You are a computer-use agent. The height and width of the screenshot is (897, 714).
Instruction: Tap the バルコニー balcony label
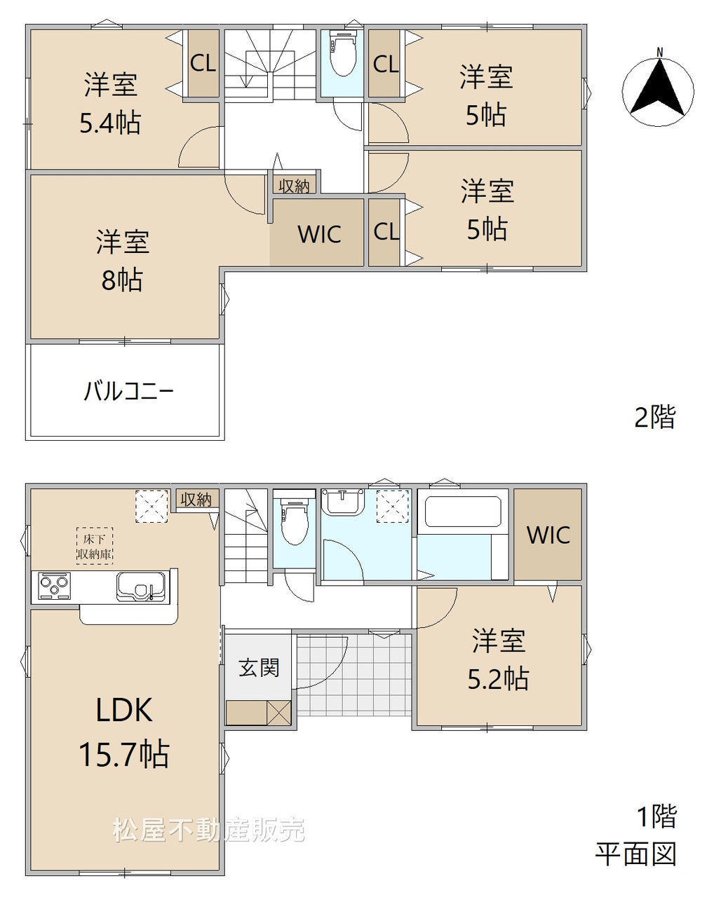[128, 390]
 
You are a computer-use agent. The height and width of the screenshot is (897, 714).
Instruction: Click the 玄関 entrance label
[259, 667]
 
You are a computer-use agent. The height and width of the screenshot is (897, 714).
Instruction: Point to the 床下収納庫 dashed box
[94, 546]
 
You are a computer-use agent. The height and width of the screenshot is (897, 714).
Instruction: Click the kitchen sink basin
[141, 587]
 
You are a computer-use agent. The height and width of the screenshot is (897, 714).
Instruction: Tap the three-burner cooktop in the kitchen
[54, 586]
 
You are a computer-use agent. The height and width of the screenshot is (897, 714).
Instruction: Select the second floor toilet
[343, 53]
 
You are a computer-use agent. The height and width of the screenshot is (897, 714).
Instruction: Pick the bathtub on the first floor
[462, 512]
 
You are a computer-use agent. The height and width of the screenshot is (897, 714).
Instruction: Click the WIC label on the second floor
[319, 234]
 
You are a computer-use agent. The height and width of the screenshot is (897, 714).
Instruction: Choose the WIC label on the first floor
[548, 535]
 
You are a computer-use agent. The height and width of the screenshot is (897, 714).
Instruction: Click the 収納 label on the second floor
[294, 186]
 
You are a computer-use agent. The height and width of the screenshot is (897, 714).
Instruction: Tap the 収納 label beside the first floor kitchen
[196, 499]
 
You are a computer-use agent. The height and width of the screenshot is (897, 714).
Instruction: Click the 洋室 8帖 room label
[122, 260]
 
